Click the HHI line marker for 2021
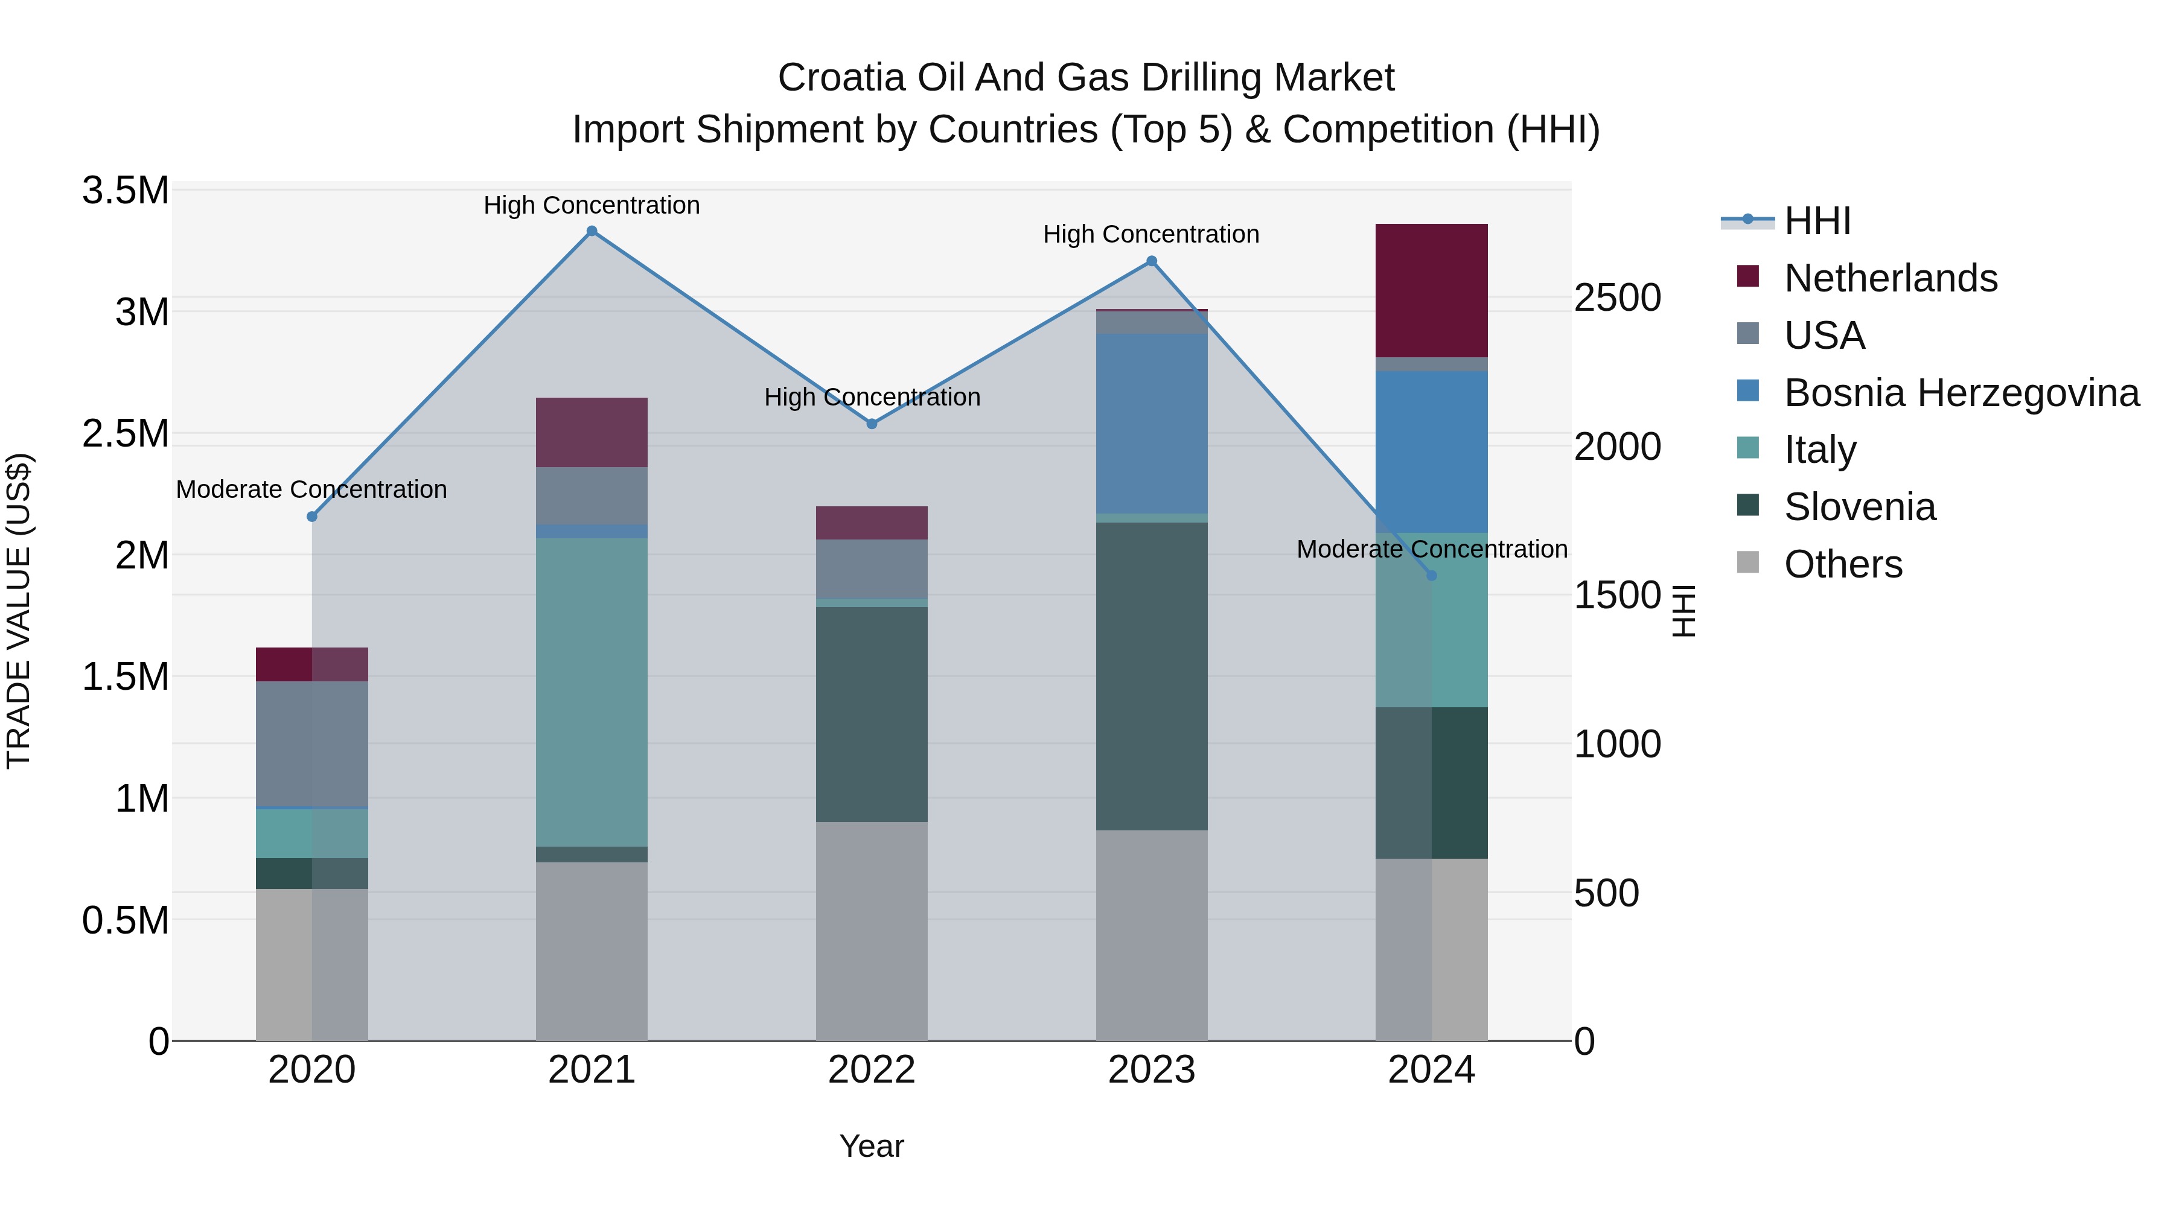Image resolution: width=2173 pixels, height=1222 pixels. point(592,231)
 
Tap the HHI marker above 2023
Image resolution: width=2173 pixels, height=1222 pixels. point(1152,261)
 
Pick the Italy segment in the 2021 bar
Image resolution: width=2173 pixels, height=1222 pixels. point(592,692)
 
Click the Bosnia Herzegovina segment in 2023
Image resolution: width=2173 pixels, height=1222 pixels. point(1152,424)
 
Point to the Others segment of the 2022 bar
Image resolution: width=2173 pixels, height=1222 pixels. point(872,931)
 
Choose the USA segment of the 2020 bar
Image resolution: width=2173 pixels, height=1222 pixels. point(311,744)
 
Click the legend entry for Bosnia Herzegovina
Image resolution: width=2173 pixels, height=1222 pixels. point(1961,393)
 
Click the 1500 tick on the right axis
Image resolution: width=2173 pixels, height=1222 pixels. point(1617,596)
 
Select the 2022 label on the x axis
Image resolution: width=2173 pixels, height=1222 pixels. point(872,1070)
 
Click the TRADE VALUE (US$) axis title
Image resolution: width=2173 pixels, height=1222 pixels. point(19,611)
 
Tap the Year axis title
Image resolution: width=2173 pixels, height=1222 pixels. point(872,1146)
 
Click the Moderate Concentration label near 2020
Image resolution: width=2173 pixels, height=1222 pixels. point(311,489)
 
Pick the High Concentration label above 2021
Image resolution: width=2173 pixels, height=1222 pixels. point(592,205)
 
